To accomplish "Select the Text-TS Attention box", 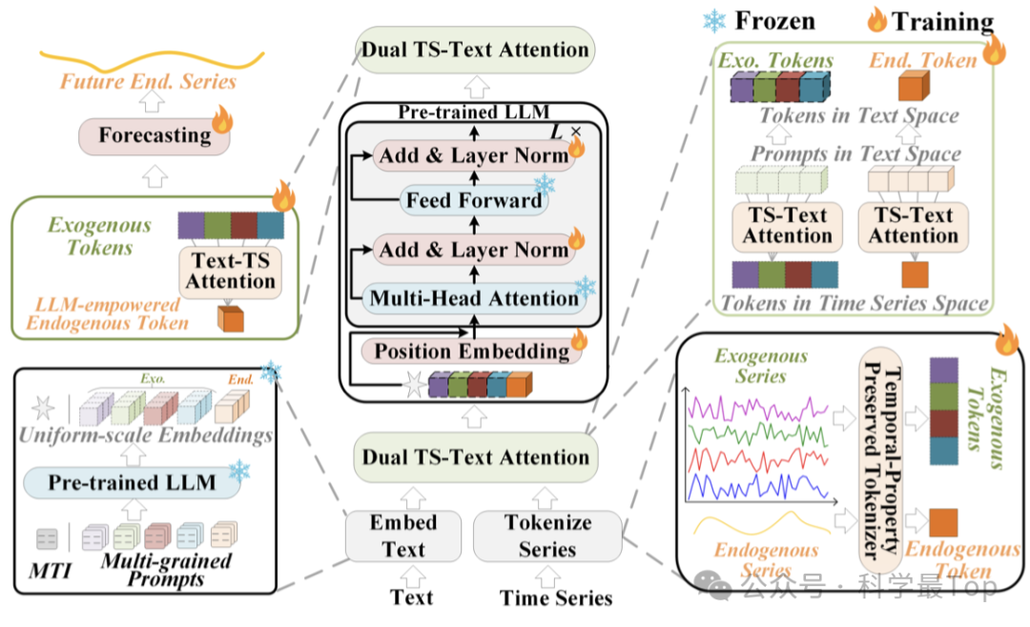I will coord(230,270).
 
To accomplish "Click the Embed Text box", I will coord(403,536).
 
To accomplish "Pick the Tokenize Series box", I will coord(547,536).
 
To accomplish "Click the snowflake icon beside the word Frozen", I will coord(714,21).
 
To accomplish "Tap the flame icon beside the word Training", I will coord(875,20).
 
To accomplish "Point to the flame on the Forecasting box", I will coord(221,120).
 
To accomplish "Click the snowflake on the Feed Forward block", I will coord(545,185).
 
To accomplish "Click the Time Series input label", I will coord(556,598).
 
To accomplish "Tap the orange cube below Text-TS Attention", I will coord(230,318).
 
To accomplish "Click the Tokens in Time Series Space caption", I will coord(855,304).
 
